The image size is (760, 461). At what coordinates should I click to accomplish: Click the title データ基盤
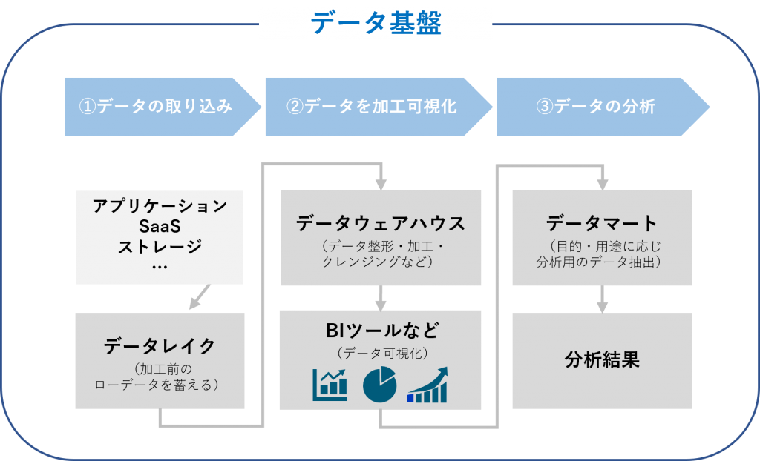(376, 24)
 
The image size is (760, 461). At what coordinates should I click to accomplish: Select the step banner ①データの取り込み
(156, 107)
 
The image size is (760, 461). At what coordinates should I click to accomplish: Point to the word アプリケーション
(160, 206)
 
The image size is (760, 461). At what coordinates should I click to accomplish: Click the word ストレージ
(160, 246)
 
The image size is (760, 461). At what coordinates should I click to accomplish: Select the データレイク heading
(160, 345)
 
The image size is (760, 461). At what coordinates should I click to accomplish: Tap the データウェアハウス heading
(380, 223)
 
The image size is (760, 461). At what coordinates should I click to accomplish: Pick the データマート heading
(602, 223)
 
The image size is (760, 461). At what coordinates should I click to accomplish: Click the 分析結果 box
(602, 361)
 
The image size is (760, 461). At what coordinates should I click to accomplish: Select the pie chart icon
(380, 385)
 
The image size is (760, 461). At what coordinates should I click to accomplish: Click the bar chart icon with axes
(330, 385)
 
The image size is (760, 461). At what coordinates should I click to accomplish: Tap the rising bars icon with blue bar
(427, 385)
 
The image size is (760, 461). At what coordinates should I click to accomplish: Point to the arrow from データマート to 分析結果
(602, 299)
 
